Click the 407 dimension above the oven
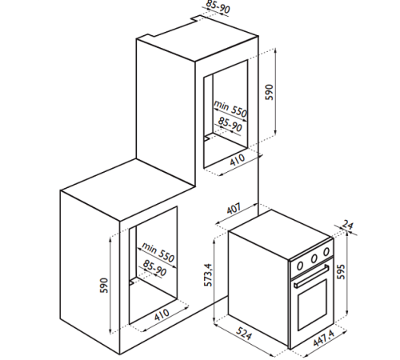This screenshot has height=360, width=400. (x=234, y=209)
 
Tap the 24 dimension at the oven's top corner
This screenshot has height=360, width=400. (x=347, y=225)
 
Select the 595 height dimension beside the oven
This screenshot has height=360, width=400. (x=341, y=271)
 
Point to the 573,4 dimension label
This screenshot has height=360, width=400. (x=208, y=275)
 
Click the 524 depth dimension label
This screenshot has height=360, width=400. (x=243, y=333)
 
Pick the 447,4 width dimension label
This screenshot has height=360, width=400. (x=324, y=338)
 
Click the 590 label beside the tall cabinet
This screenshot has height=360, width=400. (x=270, y=92)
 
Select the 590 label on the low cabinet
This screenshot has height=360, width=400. (x=104, y=285)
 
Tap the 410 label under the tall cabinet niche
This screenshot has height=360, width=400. (x=237, y=159)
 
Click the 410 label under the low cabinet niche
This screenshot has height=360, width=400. (x=162, y=314)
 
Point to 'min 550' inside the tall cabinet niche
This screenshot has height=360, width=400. (x=230, y=109)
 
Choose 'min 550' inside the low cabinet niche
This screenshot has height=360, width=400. (x=158, y=252)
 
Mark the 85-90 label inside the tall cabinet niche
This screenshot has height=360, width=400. (x=230, y=124)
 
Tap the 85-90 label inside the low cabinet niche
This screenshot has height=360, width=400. (x=154, y=268)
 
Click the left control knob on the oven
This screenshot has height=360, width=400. (x=300, y=266)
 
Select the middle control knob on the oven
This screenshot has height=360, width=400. (x=314, y=258)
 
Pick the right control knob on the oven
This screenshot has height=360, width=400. (x=326, y=251)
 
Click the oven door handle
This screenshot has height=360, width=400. (x=311, y=277)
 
